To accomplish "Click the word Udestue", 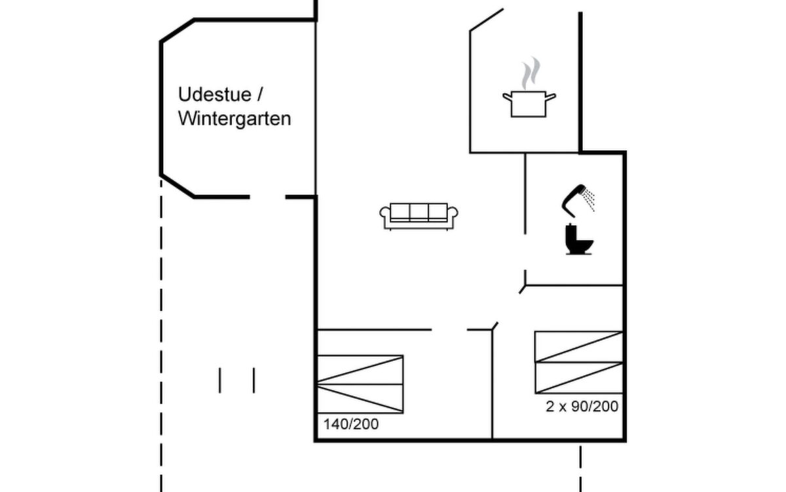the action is coord(215,94).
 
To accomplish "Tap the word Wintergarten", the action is coord(234,119).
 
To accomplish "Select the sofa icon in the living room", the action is coord(419,216).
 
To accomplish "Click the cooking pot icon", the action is coord(529,104).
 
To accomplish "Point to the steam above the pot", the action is coord(531,73).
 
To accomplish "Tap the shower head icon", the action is coord(573,200).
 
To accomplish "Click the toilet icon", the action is coord(578,239).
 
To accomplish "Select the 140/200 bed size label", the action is coord(351,424).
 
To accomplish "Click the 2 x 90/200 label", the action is coord(582,406).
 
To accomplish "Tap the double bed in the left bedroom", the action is coord(360,384).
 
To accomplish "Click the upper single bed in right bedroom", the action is coord(578,346).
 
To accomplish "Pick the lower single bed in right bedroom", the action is coord(578,378).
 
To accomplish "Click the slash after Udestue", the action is coord(259,94).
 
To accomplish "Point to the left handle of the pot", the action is coord(508,96).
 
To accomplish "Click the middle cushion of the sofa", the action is coord(419,213).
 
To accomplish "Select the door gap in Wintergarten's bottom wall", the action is coord(267,197).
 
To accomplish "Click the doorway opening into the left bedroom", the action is coord(449,329).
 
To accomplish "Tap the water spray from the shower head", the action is coord(588,199).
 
